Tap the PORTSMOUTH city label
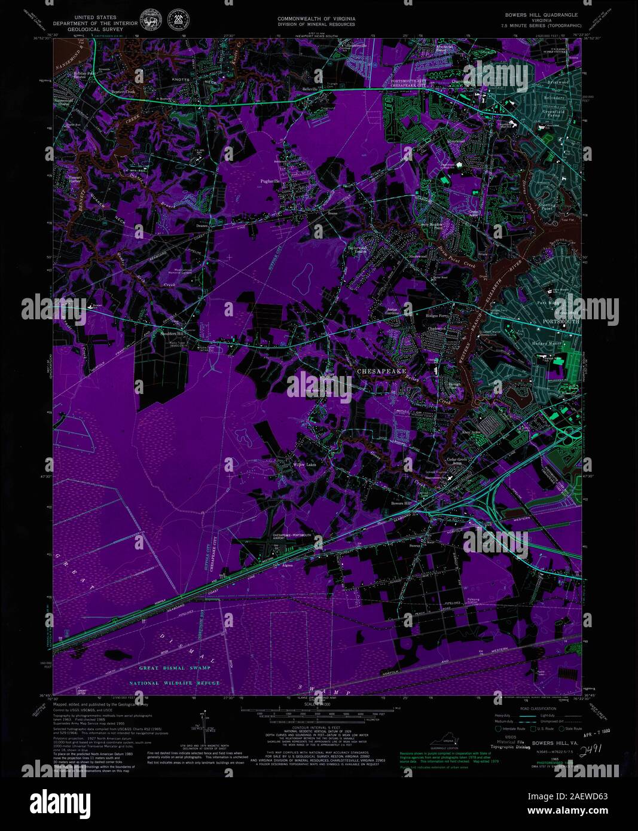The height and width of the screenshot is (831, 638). point(560,322)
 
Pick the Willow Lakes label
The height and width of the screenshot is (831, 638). point(304,465)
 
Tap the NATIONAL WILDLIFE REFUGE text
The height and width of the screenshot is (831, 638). point(175,683)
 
